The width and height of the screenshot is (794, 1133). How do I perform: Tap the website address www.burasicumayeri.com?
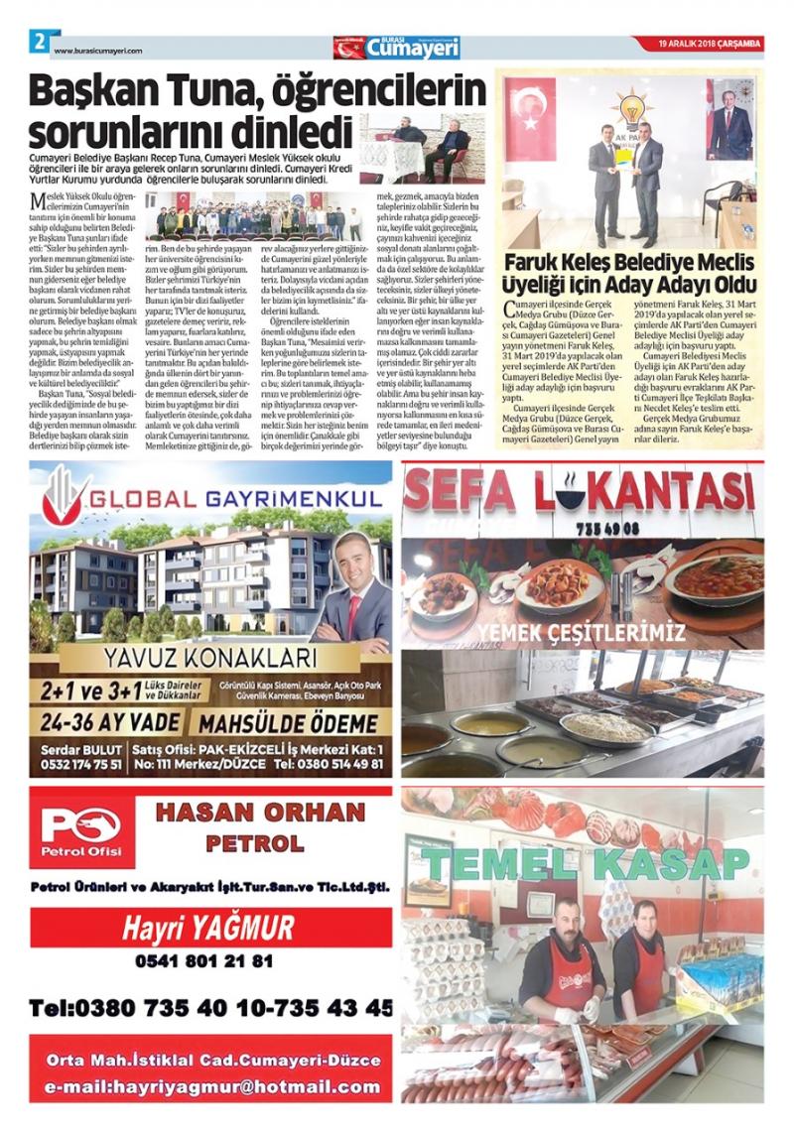[98, 52]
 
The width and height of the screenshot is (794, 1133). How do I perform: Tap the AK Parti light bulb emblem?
[629, 107]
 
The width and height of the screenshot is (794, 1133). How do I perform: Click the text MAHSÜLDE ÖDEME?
[288, 722]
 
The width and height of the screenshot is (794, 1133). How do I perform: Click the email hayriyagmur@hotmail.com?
[211, 1086]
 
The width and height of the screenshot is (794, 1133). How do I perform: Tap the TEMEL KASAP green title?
[583, 863]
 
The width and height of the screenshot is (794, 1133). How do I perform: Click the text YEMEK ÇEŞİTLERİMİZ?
[582, 631]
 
